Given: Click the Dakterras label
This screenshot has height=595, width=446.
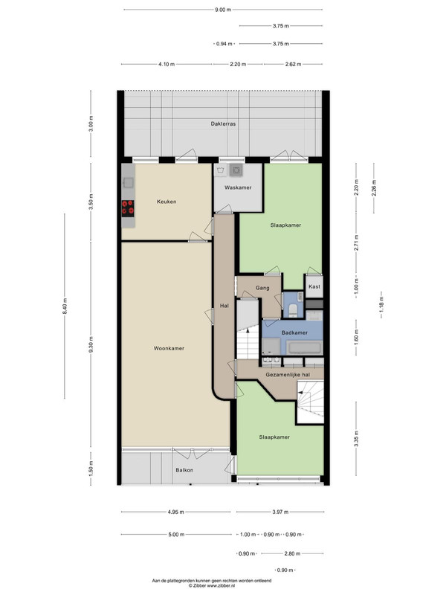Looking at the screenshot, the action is coord(223,123).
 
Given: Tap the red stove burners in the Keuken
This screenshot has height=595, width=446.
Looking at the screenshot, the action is coord(128,208).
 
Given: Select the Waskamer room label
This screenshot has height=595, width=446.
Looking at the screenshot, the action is coord(238,187).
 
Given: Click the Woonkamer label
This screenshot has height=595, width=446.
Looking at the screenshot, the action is coord(169,348).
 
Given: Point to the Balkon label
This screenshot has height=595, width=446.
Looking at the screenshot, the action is coord(184,470).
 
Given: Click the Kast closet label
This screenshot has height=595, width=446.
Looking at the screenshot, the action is coord(314,286).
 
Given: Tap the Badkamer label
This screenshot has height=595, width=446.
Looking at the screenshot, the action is coord(294,332).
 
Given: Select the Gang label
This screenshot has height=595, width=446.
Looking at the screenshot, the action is coord(262,288).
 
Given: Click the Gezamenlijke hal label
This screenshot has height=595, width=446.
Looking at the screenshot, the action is coord(288,375).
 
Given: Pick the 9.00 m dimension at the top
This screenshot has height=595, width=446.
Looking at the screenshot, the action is coord(223,10).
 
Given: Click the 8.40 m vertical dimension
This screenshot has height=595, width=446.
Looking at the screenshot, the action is coord(65,306).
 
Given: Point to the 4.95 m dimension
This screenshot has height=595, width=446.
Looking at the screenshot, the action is coord(175,512).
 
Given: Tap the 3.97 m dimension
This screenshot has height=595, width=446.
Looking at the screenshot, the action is coord(280,512).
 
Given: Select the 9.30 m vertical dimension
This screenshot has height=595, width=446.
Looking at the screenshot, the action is coord(91,344).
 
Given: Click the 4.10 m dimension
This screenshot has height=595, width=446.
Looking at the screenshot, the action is coord(167,64).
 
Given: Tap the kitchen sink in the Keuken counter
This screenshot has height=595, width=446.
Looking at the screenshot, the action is coord(128,182).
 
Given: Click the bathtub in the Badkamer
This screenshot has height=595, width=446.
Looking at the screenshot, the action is coord(304,347).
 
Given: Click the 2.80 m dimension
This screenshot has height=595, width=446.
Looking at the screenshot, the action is coord(292,553).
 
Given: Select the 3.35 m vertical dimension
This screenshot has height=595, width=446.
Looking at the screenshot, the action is coord(357,439).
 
